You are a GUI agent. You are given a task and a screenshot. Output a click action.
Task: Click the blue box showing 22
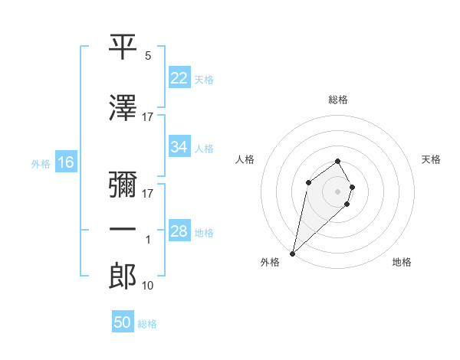(179, 78)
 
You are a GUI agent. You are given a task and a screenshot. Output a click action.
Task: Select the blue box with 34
(179, 147)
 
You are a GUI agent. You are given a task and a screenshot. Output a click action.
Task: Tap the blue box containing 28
(179, 231)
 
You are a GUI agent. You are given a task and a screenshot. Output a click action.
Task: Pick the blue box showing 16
(65, 162)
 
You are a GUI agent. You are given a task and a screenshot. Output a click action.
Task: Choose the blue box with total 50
(123, 322)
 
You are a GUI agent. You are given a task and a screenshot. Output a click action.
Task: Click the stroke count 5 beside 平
(148, 57)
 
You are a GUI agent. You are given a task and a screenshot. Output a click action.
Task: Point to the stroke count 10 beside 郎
(148, 286)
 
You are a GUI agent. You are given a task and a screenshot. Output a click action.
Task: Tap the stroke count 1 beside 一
(148, 240)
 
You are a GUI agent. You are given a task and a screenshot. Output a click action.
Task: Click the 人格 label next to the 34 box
(204, 148)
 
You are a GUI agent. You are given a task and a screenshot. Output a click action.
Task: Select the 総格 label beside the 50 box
(147, 324)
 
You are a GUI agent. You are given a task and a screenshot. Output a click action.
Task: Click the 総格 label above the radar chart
(337, 100)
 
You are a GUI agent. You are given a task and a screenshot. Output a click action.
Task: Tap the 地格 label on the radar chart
(402, 263)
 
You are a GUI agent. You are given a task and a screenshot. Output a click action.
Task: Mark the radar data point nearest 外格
(293, 253)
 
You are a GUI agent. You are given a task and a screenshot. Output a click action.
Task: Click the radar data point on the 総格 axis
(337, 161)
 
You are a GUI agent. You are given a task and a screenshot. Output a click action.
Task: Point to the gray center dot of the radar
(337, 191)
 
